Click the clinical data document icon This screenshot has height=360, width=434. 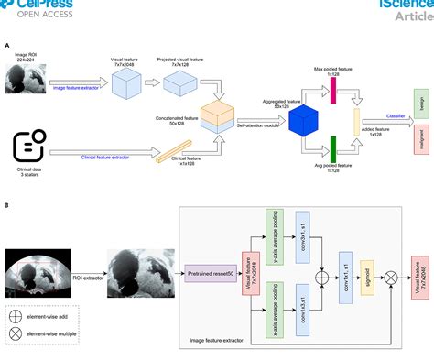pos(28,147)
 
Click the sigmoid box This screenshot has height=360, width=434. pos(367,272)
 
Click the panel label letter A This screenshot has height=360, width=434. pos(7,45)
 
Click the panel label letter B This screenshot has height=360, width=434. pos(7,206)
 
